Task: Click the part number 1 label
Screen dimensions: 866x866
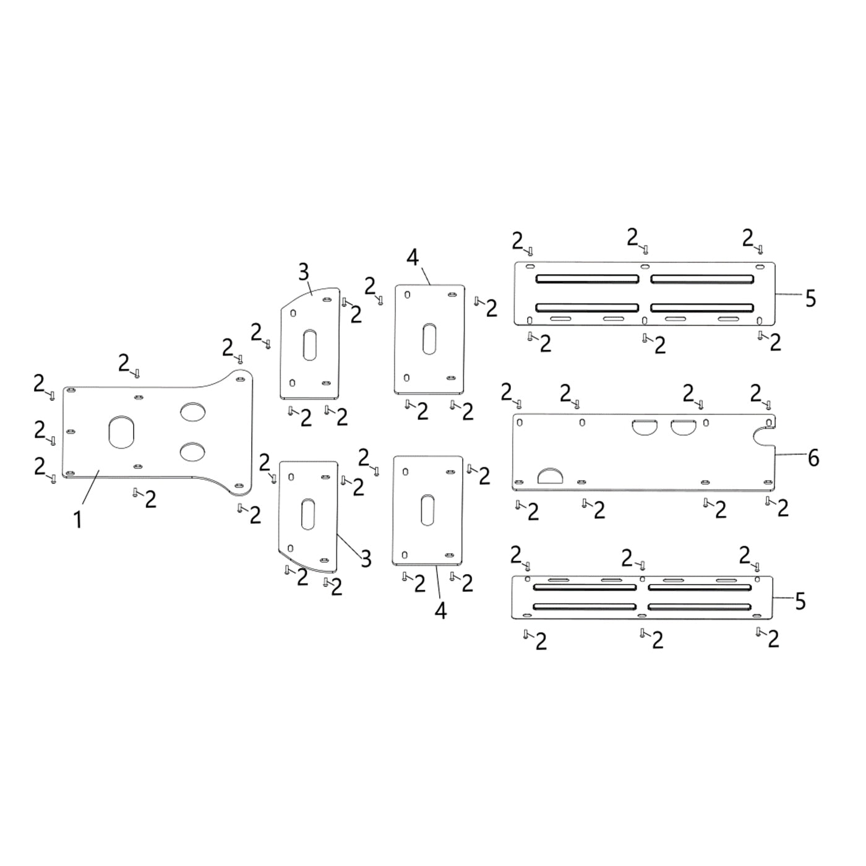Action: point(78,520)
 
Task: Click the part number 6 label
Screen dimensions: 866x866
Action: point(813,458)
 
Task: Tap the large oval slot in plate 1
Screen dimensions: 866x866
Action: point(121,432)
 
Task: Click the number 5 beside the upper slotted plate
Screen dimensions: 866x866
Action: point(810,299)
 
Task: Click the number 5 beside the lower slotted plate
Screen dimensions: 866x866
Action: point(800,601)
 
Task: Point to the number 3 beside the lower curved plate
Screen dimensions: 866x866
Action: point(366,559)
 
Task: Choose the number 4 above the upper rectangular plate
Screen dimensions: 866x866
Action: point(413,257)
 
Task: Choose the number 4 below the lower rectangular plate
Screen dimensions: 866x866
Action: point(440,611)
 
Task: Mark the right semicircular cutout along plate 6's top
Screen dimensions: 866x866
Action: point(682,426)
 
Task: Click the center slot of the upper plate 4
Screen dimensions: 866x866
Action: point(428,339)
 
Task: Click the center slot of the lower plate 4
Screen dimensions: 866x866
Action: point(427,510)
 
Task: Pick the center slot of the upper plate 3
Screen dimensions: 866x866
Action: point(310,345)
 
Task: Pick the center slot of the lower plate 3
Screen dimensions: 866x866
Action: point(307,515)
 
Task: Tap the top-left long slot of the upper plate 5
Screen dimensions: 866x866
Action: point(587,279)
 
